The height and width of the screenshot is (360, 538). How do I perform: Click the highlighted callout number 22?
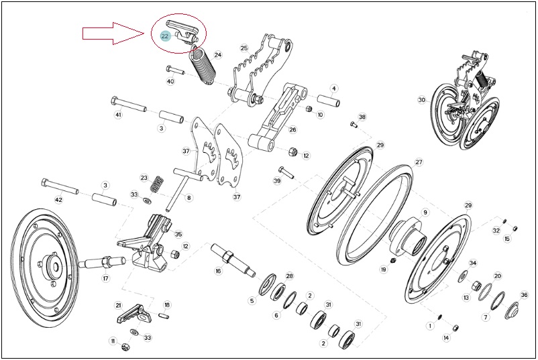pos(165,36)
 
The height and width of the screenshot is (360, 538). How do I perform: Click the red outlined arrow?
pos(113,34)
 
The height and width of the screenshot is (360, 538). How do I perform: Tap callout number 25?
pos(244,48)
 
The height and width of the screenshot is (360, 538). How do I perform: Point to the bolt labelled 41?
pos(129,105)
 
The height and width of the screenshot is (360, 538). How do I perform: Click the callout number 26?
pos(292,129)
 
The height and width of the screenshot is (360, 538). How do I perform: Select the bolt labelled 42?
pos(60,186)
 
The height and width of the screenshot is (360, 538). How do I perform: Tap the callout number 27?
pos(419,162)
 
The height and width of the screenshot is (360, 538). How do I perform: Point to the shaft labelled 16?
pos(233,259)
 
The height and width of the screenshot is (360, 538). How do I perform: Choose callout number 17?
pos(106,278)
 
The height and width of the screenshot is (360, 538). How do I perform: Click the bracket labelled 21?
pos(132,314)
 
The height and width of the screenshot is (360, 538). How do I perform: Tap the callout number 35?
pos(178,235)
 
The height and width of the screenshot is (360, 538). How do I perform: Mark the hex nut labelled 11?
pos(125,347)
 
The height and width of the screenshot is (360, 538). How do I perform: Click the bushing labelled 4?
pos(328,101)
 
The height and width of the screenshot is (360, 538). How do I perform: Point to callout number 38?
pos(362,117)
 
